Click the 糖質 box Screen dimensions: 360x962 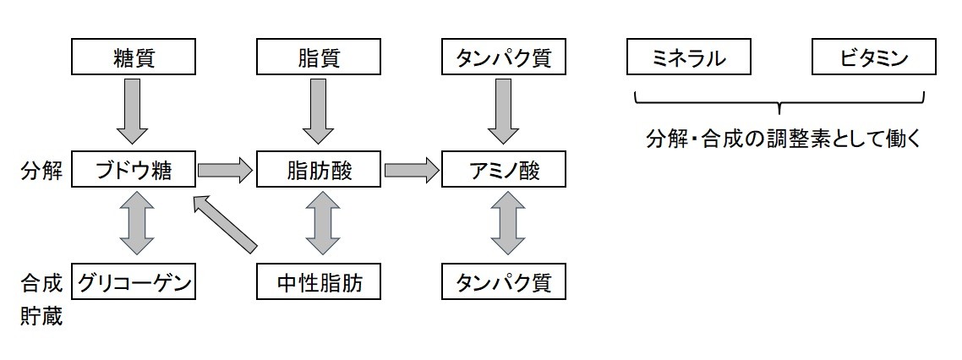134,58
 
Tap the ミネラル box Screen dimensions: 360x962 689,58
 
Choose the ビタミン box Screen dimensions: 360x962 873,58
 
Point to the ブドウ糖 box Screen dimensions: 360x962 134,171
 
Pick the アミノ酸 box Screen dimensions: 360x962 503,171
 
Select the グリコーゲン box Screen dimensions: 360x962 134,283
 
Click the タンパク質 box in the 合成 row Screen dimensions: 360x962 503,283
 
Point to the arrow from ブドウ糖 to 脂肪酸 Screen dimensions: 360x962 226,171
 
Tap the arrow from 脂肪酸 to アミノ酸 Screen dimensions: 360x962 412,171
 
